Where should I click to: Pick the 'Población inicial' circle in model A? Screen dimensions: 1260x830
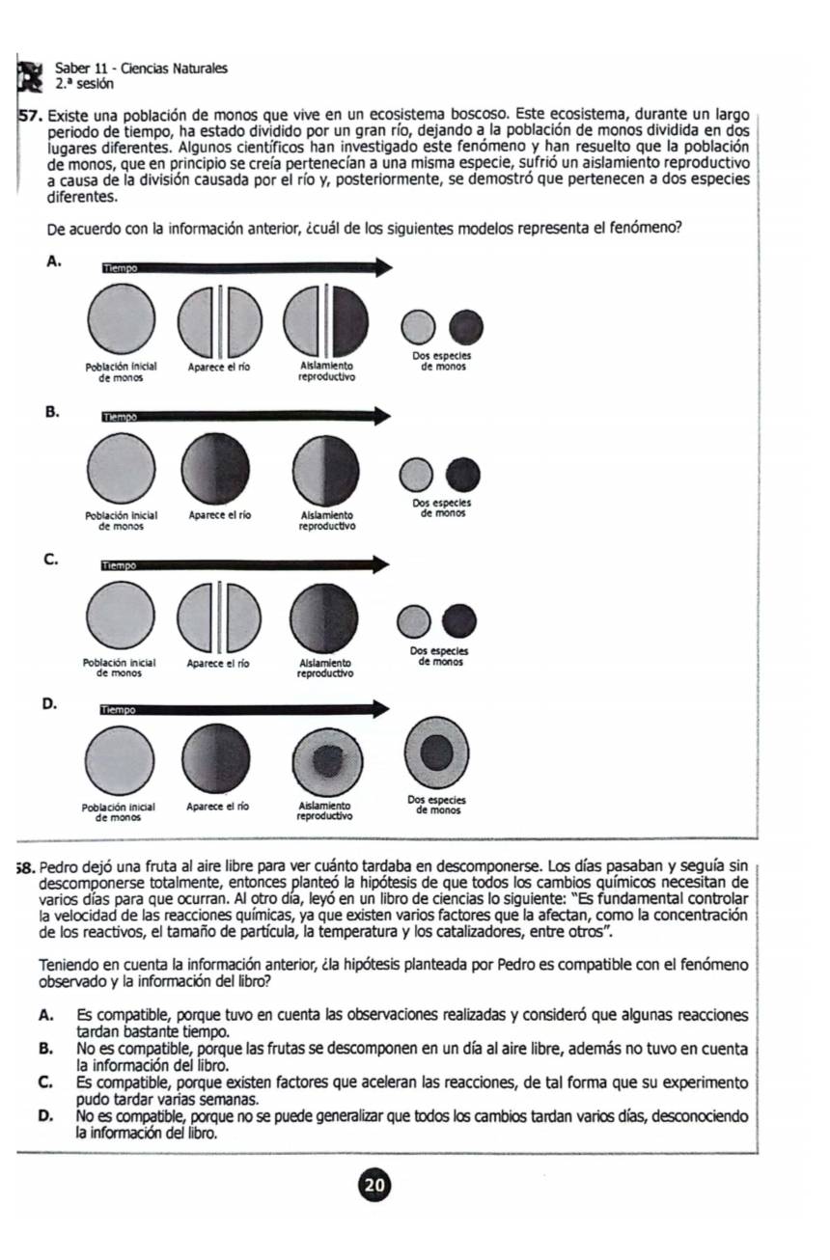(121, 319)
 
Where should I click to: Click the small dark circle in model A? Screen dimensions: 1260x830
(466, 326)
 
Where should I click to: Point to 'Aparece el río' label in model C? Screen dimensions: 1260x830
(218, 664)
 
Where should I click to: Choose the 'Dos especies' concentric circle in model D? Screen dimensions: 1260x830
(436, 751)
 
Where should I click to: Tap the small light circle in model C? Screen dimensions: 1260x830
(415, 620)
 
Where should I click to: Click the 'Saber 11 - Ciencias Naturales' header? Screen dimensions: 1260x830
(141, 68)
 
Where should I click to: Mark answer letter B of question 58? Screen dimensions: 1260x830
(45, 1048)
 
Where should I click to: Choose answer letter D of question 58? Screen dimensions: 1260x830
(45, 1117)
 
